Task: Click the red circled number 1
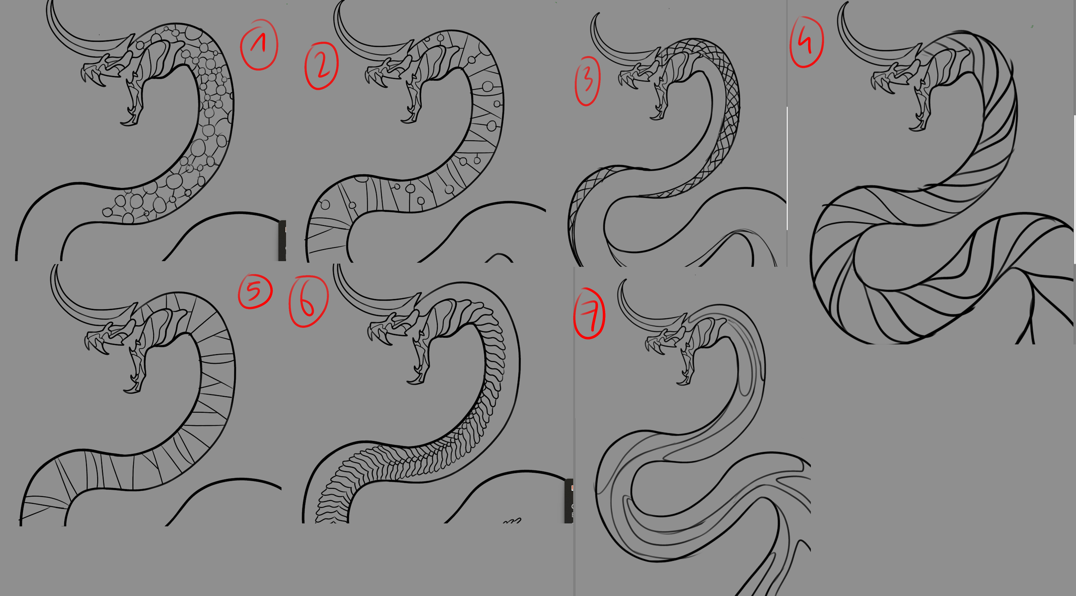(259, 44)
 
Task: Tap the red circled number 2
(322, 65)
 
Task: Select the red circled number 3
(587, 81)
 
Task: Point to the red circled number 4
(807, 42)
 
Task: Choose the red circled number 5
(255, 292)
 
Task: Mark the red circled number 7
(590, 314)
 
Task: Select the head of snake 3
(659, 82)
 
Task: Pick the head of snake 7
(684, 344)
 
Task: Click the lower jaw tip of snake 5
(126, 391)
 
